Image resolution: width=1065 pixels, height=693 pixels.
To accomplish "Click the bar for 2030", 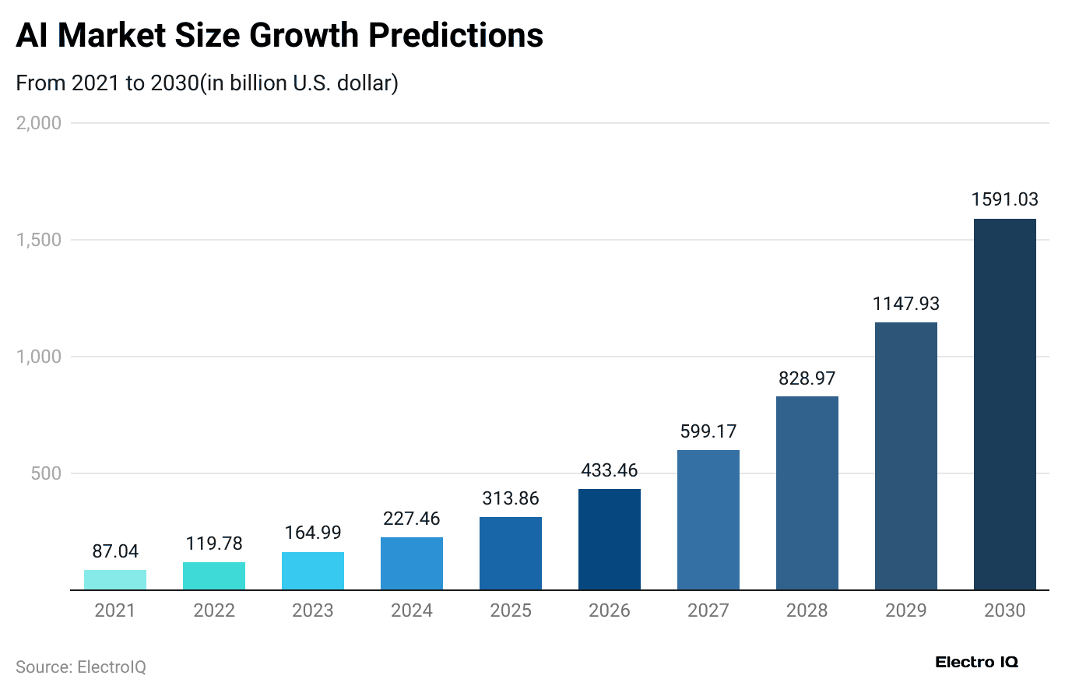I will (x=1004, y=404).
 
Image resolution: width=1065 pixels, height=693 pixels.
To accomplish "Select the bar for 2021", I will (x=115, y=580).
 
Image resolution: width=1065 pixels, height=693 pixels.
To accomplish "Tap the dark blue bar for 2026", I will (x=610, y=540).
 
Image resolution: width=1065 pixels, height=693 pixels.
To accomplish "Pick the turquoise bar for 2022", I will (x=214, y=576).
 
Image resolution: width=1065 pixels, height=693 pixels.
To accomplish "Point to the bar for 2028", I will (x=807, y=493).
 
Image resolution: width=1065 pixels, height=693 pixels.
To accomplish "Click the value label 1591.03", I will (x=1004, y=199).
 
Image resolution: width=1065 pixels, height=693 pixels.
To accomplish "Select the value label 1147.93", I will (x=905, y=304).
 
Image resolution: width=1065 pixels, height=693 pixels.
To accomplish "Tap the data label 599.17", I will (x=708, y=431).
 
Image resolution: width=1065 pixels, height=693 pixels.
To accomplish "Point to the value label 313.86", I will (x=511, y=498).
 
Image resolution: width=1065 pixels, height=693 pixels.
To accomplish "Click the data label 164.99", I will (x=313, y=533).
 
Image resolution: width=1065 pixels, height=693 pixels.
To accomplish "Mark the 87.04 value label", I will (x=115, y=551).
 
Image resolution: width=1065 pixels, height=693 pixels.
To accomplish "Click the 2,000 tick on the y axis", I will (x=38, y=123).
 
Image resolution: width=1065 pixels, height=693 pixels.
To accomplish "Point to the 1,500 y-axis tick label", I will (x=38, y=240).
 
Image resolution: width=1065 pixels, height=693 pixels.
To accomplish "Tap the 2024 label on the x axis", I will (x=412, y=610).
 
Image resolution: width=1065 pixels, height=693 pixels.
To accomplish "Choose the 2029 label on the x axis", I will (x=905, y=610).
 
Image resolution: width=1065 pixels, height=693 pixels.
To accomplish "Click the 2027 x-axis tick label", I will (x=708, y=610).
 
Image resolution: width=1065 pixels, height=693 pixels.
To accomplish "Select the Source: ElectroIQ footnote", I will (x=81, y=667).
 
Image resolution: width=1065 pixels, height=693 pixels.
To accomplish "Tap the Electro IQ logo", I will (x=976, y=663).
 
